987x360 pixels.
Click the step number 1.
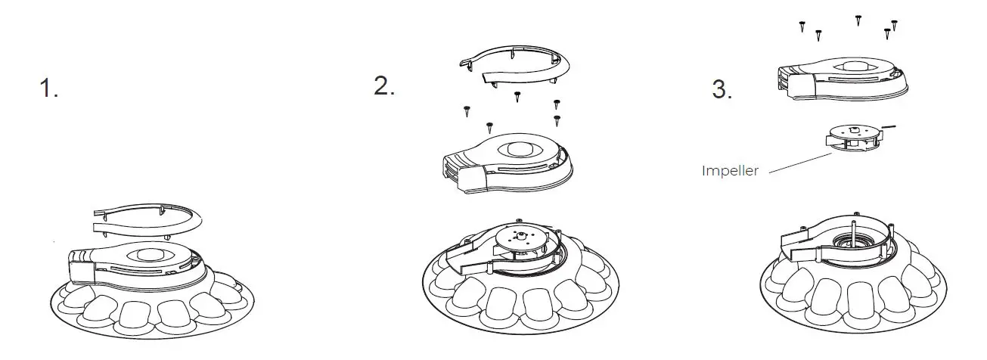[x=48, y=89]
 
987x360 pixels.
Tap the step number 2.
[x=383, y=85]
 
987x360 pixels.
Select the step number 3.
[x=722, y=90]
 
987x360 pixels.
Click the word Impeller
[x=730, y=171]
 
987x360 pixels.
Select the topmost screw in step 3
[x=858, y=20]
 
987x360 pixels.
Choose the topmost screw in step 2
[x=517, y=96]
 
